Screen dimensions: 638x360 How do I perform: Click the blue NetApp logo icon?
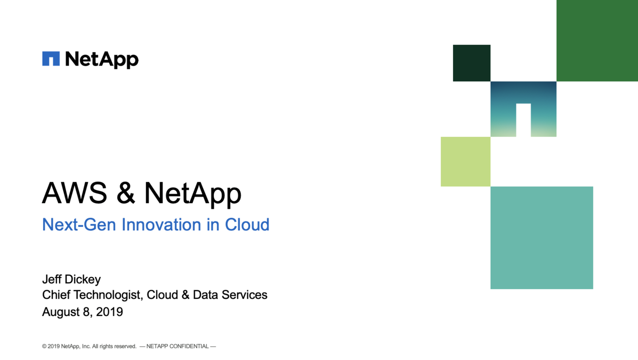[51, 58]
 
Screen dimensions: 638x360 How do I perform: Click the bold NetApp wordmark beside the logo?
[102, 60]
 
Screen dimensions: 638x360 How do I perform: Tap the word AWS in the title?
[75, 193]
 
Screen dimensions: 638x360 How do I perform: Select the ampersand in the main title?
[126, 193]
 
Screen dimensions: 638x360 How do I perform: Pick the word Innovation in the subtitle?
[161, 224]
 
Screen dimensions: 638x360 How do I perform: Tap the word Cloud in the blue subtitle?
[247, 224]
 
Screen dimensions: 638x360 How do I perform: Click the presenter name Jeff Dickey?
[71, 279]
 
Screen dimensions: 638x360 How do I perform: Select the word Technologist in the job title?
[108, 295]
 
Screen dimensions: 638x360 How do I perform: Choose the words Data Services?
[230, 295]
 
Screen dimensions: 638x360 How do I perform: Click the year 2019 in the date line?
[110, 312]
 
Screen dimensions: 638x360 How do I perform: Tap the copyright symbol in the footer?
[44, 346]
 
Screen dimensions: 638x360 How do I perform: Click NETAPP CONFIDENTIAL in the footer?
[177, 346]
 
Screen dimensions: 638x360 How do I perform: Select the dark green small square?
[472, 63]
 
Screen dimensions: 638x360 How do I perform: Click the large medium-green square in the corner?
[597, 41]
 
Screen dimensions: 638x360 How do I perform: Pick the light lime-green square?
[466, 162]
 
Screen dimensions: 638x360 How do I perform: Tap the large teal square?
[542, 238]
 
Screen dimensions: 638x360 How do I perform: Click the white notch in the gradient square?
[524, 120]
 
